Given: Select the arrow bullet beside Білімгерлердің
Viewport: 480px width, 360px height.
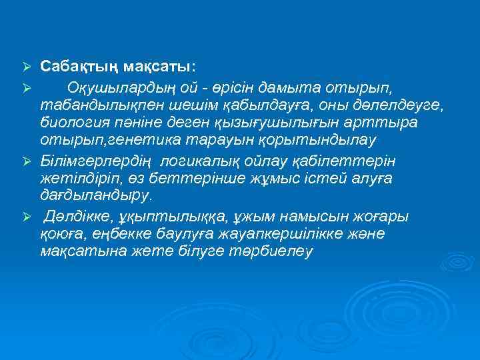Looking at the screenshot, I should (27, 161).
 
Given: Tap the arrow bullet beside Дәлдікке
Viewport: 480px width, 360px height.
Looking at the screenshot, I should (27, 217).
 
